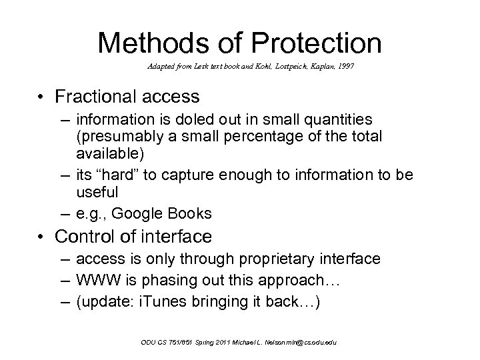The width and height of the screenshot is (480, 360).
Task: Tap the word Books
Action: pyautogui.click(x=190, y=213)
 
